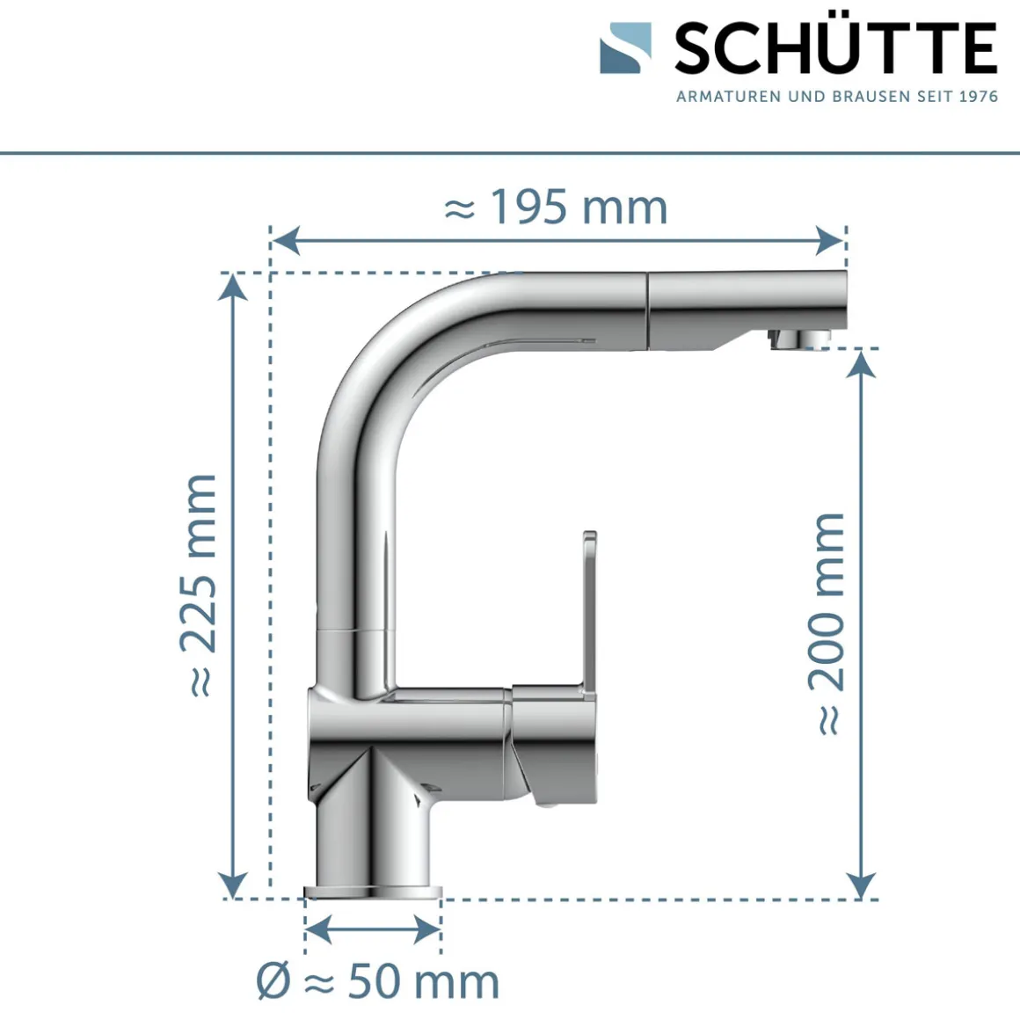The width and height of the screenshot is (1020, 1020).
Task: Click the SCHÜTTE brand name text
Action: [x=835, y=49]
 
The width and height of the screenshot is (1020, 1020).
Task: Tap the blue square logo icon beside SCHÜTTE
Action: [x=625, y=48]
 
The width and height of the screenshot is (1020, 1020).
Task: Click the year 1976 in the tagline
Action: [x=978, y=97]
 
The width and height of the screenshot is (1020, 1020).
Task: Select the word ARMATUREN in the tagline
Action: [x=728, y=97]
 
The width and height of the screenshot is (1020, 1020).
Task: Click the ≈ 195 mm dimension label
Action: [x=556, y=208]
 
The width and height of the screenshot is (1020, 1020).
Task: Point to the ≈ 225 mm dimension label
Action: [x=199, y=585]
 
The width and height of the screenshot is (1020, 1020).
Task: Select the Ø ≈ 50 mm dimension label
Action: [x=378, y=981]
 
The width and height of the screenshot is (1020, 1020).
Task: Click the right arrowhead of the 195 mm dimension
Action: [x=831, y=239]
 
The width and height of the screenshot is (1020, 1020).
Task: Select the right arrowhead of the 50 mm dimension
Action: [x=427, y=929]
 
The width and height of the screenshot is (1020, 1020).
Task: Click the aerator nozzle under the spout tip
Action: [x=798, y=339]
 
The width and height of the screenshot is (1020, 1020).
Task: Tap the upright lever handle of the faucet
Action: [x=587, y=607]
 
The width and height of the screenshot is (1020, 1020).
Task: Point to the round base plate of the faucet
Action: [x=372, y=892]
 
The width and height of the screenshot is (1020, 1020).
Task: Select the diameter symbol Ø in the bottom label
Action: [x=273, y=981]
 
